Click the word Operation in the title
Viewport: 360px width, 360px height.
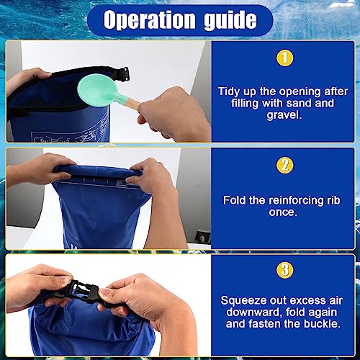tap(149, 19)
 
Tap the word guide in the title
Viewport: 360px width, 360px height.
tap(230, 21)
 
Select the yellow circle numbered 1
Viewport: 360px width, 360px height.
tap(284, 58)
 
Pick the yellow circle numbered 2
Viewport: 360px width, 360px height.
tap(284, 166)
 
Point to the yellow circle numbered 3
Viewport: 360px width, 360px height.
tap(284, 270)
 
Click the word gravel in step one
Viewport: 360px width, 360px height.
tap(284, 115)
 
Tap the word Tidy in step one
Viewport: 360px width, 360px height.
tap(229, 92)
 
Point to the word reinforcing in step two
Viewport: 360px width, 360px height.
tap(297, 201)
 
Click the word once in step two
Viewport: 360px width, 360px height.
tap(283, 212)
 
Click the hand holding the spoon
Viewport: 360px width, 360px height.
tap(174, 114)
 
